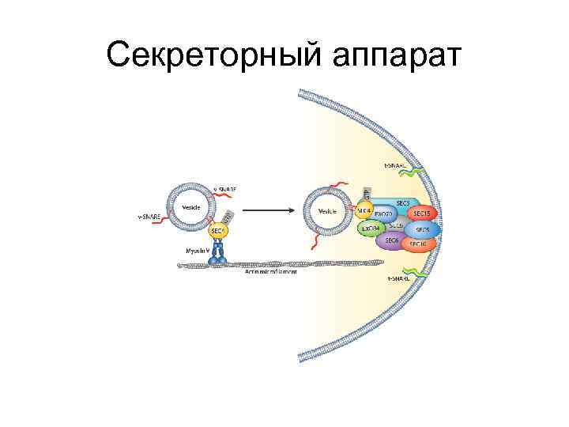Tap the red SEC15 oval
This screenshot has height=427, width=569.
pyautogui.click(x=421, y=213)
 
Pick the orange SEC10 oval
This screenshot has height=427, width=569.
pyautogui.click(x=417, y=245)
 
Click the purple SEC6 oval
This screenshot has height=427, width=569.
pyautogui.click(x=390, y=240)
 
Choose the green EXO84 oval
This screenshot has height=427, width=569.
pyautogui.click(x=370, y=229)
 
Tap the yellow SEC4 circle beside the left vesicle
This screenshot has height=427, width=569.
pyautogui.click(x=219, y=231)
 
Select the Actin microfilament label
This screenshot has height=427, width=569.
pyautogui.click(x=270, y=271)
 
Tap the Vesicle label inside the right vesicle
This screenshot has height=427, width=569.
pyautogui.click(x=327, y=211)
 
